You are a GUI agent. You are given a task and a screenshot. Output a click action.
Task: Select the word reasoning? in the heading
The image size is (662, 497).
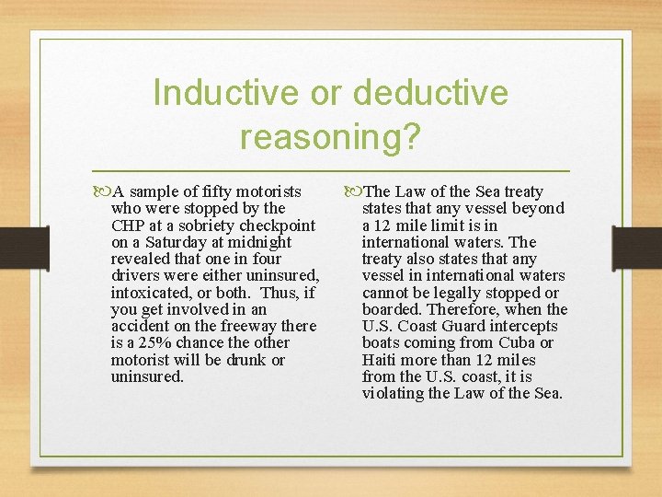pyautogui.click(x=330, y=136)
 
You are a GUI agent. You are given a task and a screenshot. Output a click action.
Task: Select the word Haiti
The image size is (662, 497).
pyautogui.click(x=382, y=360)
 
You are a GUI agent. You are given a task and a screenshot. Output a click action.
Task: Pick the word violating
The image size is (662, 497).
pyautogui.click(x=394, y=394)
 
